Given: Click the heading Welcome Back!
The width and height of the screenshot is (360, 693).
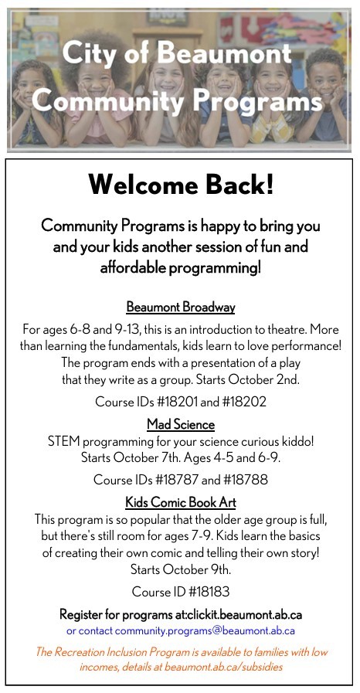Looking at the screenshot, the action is (x=180, y=185).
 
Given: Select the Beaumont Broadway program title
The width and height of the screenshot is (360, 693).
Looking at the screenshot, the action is (x=180, y=307).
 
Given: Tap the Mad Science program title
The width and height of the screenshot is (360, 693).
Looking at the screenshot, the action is (x=180, y=424).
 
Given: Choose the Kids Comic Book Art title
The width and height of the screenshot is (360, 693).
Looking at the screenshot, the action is (x=180, y=502).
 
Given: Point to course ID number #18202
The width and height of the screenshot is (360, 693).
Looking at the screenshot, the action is (x=240, y=402).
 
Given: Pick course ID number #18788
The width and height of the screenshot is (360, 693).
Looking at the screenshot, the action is (x=241, y=480).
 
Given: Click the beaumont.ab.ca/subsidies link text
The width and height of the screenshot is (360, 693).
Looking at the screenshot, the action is (x=231, y=666).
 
